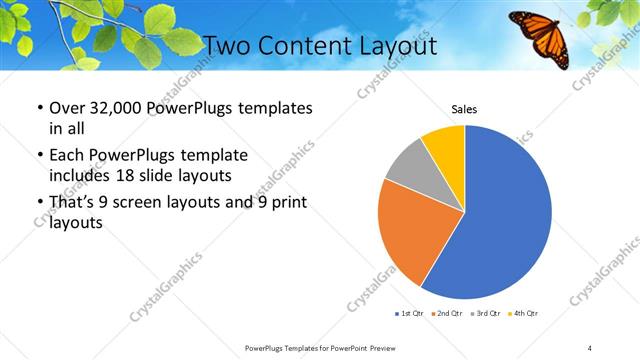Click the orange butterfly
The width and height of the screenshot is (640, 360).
tap(539, 36)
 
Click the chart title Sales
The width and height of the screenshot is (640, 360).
tap(464, 109)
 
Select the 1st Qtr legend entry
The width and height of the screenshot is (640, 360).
tap(411, 313)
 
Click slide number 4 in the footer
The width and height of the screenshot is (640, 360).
tap(590, 347)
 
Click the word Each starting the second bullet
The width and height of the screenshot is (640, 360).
tap(68, 155)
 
